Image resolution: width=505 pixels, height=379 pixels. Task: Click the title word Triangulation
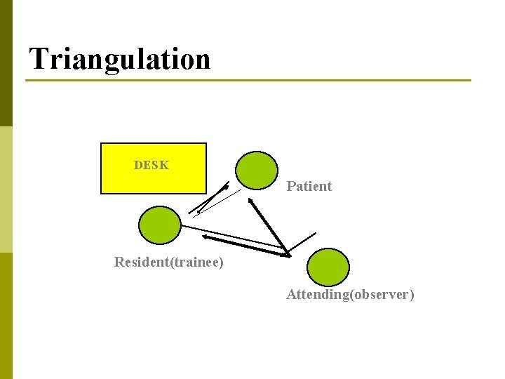point(120,59)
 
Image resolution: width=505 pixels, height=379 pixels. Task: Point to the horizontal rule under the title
point(248,81)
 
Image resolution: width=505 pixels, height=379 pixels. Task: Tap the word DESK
point(151,166)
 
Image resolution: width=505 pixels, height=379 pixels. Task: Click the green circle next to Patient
point(256,171)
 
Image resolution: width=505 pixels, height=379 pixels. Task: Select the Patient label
point(309,187)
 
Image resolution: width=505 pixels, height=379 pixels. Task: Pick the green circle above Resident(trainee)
point(160,225)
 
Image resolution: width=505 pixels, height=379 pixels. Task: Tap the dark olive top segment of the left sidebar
point(6,63)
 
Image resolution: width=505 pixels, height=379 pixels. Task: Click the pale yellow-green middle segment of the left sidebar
point(6,189)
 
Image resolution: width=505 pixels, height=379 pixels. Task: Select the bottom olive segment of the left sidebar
point(6,316)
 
